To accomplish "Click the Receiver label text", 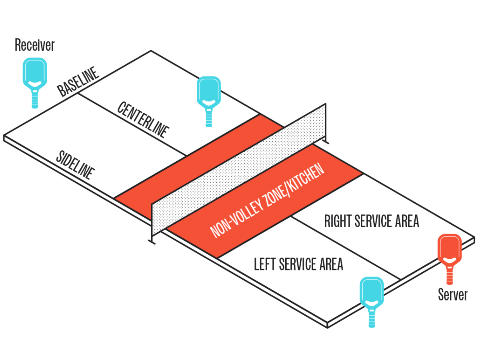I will [x=34, y=45].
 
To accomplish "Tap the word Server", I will [x=452, y=295].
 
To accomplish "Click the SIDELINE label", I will [x=75, y=165].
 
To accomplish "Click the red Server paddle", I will [x=449, y=250].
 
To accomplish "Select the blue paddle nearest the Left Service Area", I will [x=372, y=294].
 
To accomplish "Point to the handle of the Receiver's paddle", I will [x=35, y=98].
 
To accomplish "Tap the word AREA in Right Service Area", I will [x=405, y=221].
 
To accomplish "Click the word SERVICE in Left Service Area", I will [x=302, y=264].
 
